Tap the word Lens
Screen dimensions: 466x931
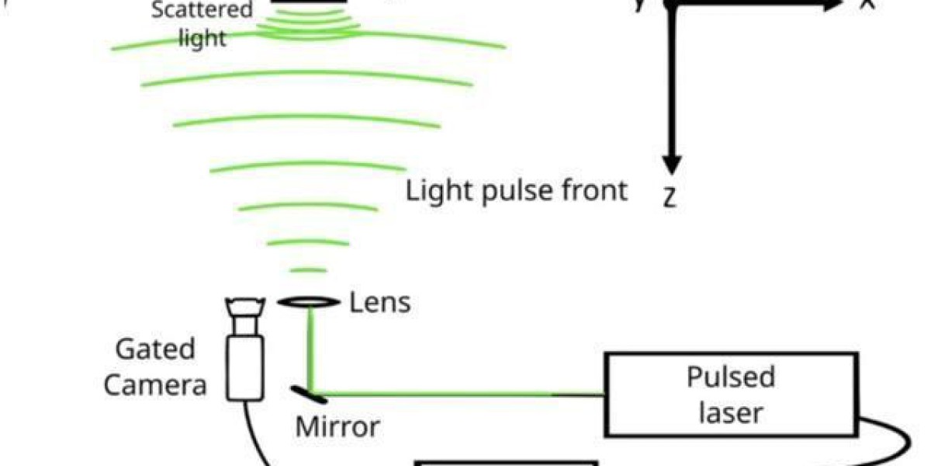click(379, 302)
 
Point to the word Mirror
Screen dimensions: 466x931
click(337, 426)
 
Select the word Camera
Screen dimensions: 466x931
click(154, 384)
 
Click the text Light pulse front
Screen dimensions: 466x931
click(516, 190)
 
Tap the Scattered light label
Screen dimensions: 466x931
click(202, 23)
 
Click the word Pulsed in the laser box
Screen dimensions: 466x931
click(731, 377)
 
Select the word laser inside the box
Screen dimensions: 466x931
click(731, 412)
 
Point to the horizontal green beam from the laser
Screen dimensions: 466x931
click(434, 393)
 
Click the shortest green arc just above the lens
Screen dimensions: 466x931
click(308, 270)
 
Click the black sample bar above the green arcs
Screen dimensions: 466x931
click(308, 3)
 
